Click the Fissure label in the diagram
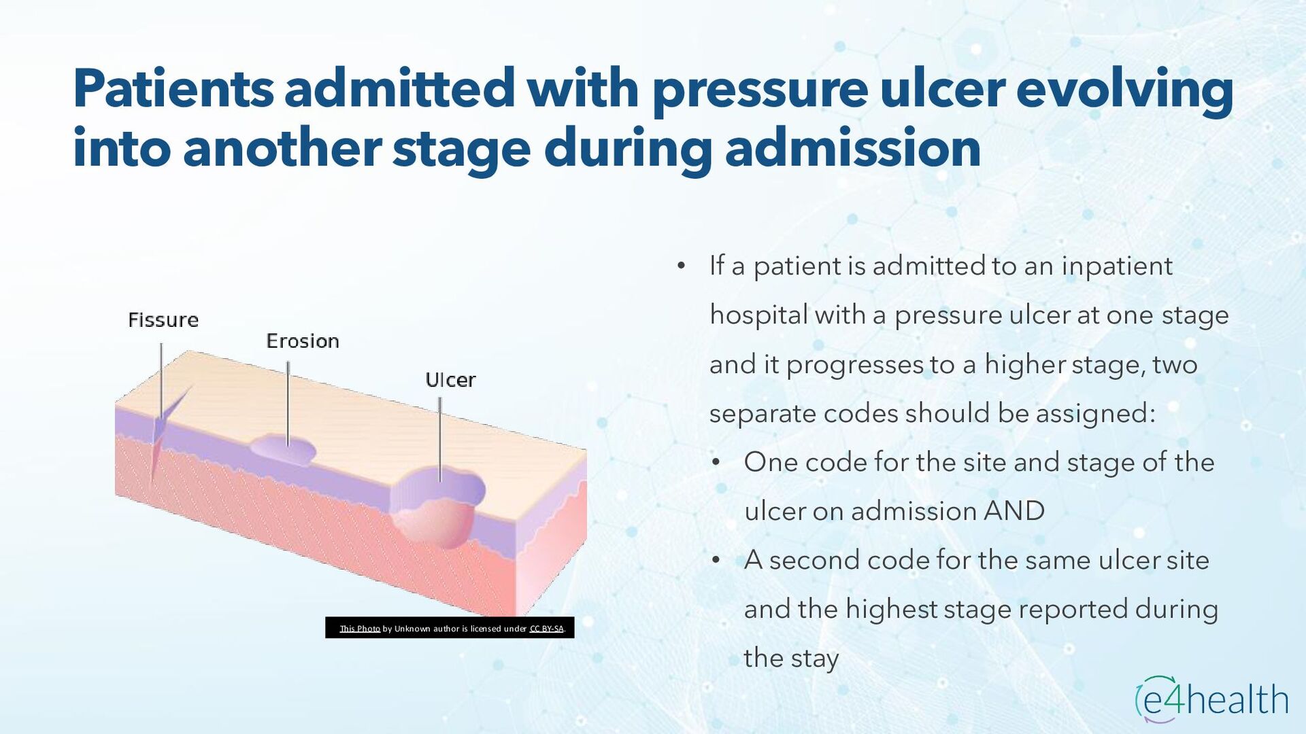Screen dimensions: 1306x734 [x=163, y=320]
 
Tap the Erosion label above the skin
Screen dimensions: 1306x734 [x=303, y=341]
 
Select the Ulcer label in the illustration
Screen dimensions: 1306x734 [x=450, y=380]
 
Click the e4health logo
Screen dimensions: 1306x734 [x=1211, y=699]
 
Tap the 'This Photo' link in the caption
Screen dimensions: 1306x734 [x=360, y=629]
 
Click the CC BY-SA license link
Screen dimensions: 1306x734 [x=547, y=629]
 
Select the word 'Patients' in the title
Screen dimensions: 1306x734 [x=173, y=88]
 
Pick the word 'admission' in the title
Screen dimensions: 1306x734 [x=853, y=148]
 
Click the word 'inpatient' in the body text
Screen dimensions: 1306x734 [x=1117, y=266]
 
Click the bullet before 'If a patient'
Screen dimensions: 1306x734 [x=681, y=266]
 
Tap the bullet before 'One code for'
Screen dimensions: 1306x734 [x=716, y=463]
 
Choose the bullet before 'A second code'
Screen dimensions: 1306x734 [x=716, y=561]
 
